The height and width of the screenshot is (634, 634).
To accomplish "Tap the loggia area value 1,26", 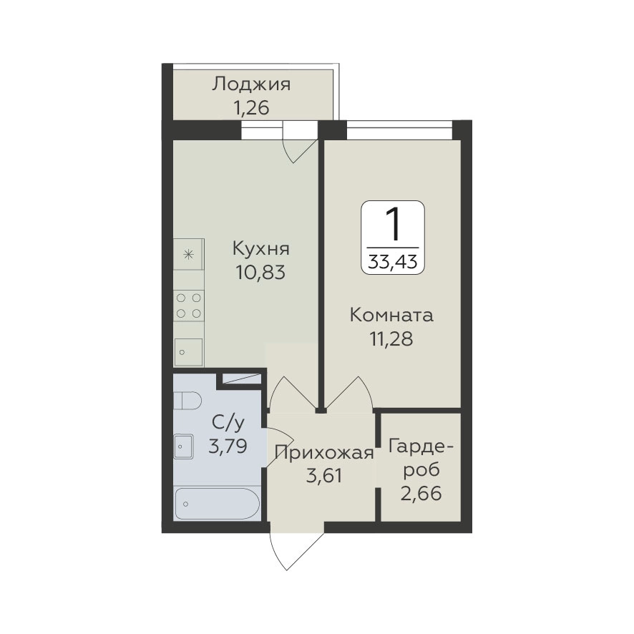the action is [x=250, y=108].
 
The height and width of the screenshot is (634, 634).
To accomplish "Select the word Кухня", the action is [x=260, y=249].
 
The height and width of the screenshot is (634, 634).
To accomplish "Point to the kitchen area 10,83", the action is [x=260, y=273].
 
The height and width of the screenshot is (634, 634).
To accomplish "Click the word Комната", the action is [x=391, y=316].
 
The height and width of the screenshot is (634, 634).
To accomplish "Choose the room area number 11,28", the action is [x=391, y=339].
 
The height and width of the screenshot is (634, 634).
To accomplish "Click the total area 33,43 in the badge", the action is [x=393, y=263].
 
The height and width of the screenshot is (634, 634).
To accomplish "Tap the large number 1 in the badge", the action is [x=393, y=225].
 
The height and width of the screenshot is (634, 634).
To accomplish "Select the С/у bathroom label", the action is [x=228, y=424].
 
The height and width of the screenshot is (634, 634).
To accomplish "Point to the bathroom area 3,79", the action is [x=228, y=447].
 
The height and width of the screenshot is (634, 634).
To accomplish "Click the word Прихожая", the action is [x=324, y=453].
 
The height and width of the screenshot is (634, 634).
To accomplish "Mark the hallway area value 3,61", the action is [x=324, y=476].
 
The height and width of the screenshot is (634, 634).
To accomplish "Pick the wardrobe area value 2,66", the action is [x=421, y=493].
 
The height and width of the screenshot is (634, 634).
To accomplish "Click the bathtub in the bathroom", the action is [x=215, y=504].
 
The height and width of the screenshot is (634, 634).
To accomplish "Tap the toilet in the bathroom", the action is [x=187, y=401].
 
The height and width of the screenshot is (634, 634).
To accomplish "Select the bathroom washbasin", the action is [x=184, y=447].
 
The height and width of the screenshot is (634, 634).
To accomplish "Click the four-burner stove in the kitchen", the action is [x=189, y=306].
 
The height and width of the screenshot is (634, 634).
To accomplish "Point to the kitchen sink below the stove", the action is [x=188, y=352].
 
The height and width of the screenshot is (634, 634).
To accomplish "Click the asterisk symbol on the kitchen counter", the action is [x=188, y=255].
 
